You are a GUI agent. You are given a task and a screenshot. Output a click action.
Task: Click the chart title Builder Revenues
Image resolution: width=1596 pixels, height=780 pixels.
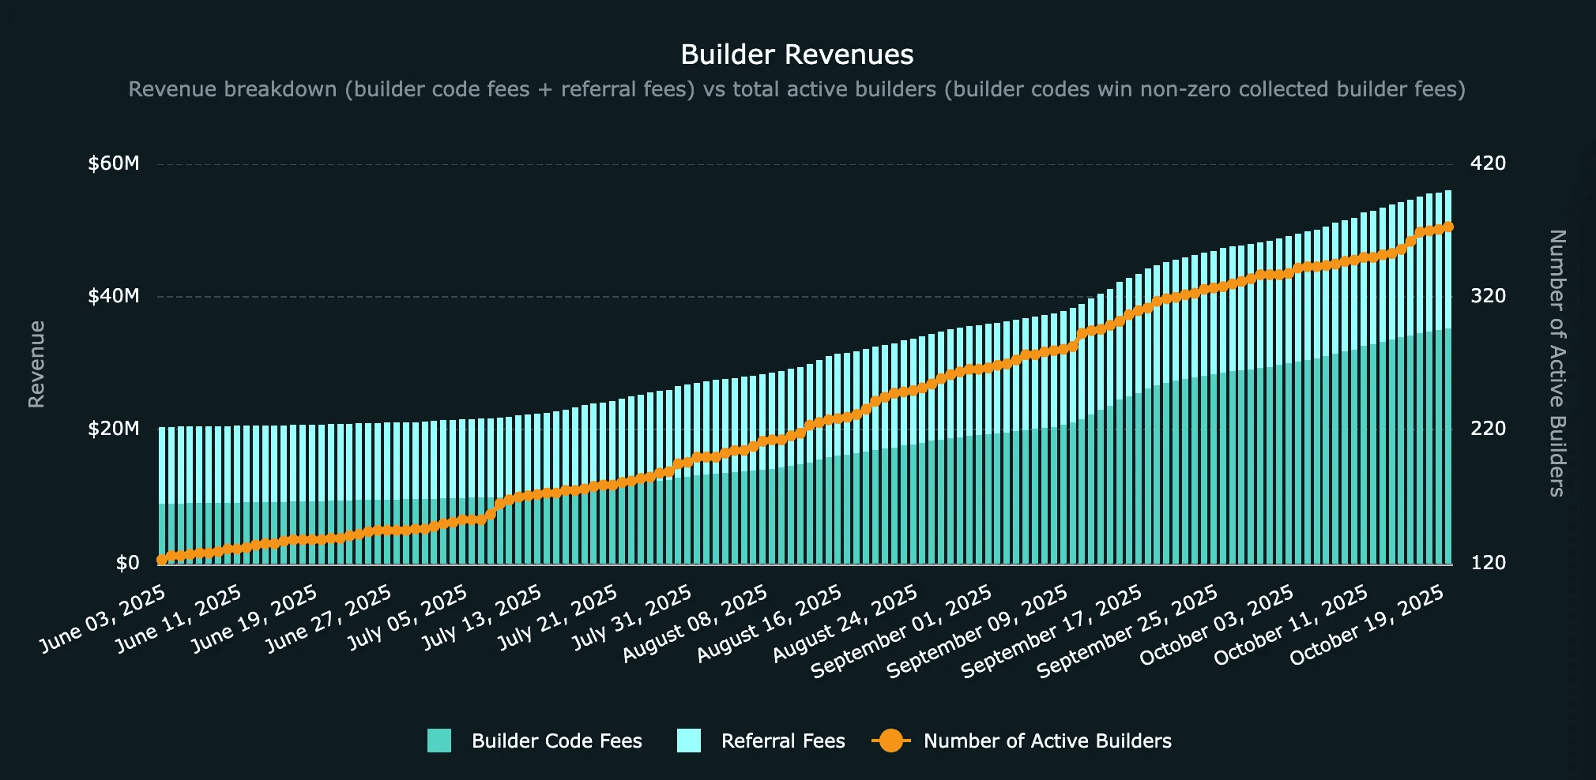point(796,54)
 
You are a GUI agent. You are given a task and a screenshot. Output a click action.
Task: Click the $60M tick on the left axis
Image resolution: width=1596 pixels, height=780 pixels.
point(114,163)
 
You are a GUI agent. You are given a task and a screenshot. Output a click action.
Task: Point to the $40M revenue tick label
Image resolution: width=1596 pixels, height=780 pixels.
point(114,296)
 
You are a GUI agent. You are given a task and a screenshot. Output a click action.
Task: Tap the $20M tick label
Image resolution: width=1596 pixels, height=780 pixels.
point(114,429)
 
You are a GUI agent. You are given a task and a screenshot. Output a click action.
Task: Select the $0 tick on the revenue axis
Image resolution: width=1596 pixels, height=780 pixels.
point(127,563)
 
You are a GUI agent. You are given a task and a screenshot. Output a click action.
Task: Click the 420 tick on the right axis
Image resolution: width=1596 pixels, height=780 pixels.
point(1488,163)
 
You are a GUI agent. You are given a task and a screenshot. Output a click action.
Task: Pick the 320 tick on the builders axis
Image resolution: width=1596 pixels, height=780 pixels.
point(1488,296)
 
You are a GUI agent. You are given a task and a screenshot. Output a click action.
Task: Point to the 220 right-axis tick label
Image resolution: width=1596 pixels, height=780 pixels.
point(1488,429)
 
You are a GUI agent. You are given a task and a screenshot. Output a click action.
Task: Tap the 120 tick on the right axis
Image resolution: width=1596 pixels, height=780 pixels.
point(1488,563)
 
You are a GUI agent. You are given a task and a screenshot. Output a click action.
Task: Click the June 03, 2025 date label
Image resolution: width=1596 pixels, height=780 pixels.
point(104,619)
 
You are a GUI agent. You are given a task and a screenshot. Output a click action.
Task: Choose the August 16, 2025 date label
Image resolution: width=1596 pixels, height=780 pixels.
point(770,624)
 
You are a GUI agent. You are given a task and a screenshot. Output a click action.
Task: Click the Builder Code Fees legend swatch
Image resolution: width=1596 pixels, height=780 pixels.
point(439,741)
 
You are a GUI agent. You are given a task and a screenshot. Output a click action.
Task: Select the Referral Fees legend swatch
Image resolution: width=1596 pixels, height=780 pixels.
point(689,741)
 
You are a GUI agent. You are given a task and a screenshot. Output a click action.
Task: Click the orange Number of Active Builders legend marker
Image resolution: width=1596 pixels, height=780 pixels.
point(891,741)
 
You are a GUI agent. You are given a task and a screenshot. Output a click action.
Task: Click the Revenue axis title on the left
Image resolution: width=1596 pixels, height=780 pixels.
point(36,364)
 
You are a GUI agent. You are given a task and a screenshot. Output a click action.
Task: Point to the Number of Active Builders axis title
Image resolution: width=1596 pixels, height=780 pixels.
point(1556,363)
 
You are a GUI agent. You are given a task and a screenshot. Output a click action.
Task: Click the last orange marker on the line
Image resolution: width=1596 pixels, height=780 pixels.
point(1448,227)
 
